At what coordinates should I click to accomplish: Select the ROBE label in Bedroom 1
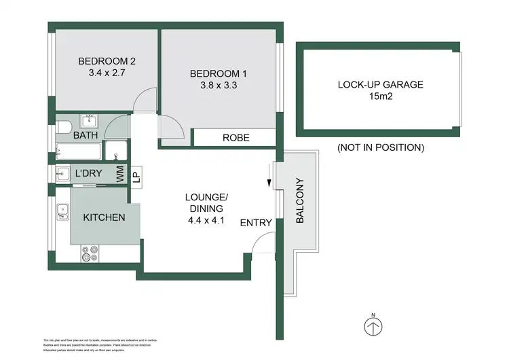(236, 138)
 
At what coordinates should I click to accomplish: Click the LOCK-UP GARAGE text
(380, 85)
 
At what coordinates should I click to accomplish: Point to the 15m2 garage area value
(380, 98)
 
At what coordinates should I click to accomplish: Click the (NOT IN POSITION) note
(380, 147)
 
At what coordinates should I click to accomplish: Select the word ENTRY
(257, 223)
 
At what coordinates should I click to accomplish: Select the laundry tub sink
(62, 173)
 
